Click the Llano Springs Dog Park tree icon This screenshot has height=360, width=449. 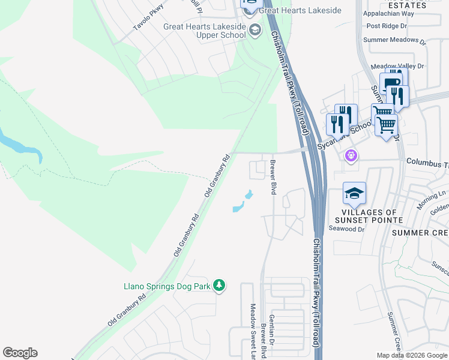coord(220,286)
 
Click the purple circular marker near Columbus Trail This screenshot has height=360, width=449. coord(351,156)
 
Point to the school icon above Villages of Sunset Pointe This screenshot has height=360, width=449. coord(354,194)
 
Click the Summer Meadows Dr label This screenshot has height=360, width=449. coord(394,42)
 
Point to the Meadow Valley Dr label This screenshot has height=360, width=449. coord(397,66)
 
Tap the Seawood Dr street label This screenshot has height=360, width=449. coord(348,229)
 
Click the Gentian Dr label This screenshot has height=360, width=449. coord(272,336)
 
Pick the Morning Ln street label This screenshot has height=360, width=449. coord(434,196)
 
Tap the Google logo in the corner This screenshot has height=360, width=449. coord(20,353)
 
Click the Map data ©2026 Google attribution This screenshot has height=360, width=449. coord(412,355)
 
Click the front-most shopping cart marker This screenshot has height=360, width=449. coord(387,125)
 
